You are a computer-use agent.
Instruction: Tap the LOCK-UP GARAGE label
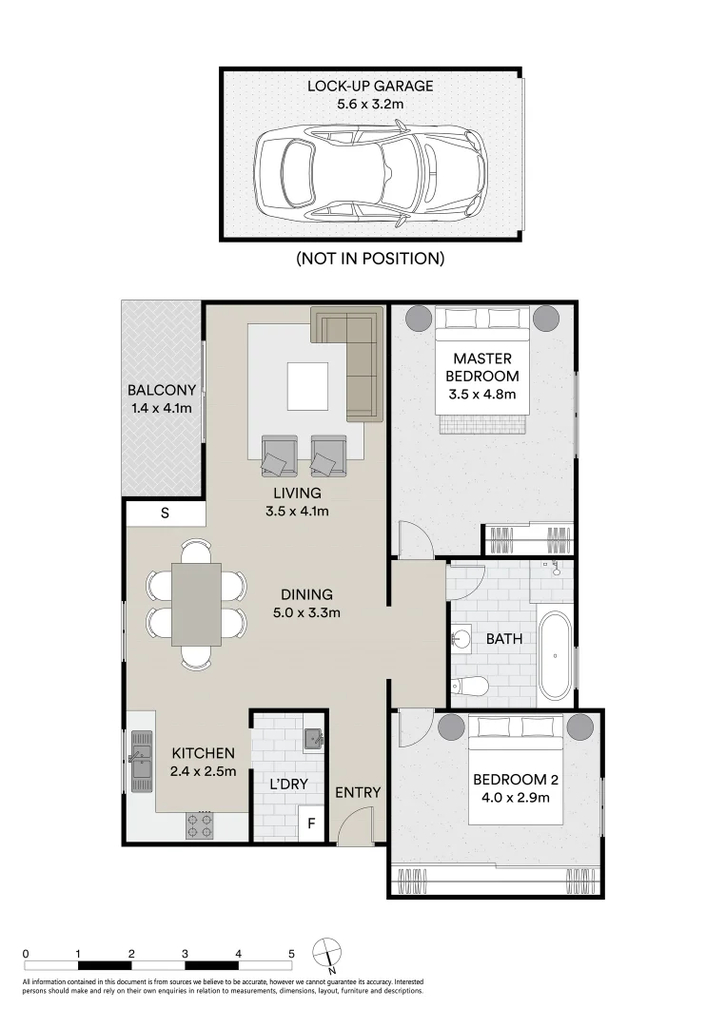tap(370, 86)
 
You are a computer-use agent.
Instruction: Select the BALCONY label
tap(162, 390)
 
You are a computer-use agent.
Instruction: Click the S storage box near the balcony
tap(165, 513)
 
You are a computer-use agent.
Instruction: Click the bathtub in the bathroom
tap(555, 656)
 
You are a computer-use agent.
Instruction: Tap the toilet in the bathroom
tap(470, 686)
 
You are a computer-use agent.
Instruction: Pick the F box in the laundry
tap(311, 824)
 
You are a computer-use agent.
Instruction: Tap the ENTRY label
tap(358, 792)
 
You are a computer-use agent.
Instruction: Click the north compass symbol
tap(327, 953)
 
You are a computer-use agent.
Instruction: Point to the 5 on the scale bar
tap(291, 954)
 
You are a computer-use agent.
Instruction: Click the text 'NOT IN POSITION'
tap(370, 258)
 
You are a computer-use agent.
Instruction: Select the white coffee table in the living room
tap(306, 388)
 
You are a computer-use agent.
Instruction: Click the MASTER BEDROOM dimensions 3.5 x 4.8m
tap(482, 394)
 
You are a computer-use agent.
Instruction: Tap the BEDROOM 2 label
tap(512, 781)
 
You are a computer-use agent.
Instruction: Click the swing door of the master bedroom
tap(415, 540)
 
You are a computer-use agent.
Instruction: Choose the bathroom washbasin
tap(462, 638)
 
